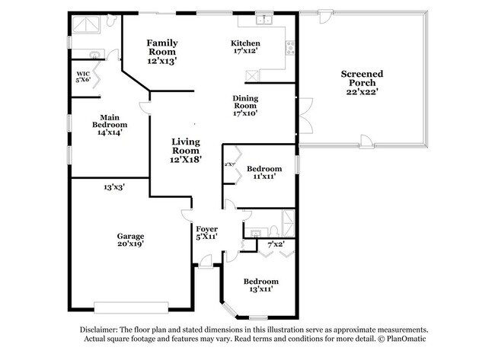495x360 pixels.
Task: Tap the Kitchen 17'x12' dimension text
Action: coord(246,53)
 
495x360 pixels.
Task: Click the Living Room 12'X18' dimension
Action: coord(186,160)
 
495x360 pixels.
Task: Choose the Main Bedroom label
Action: coord(110,123)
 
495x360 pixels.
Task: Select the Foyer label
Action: coord(207,230)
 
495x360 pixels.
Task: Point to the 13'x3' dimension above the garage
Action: coord(114,186)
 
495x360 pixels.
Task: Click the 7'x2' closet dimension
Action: coord(276,244)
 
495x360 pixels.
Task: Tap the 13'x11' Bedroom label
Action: coord(255,285)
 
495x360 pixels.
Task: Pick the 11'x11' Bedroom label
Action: coord(264,171)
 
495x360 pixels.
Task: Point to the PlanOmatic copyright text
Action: coord(401,339)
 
